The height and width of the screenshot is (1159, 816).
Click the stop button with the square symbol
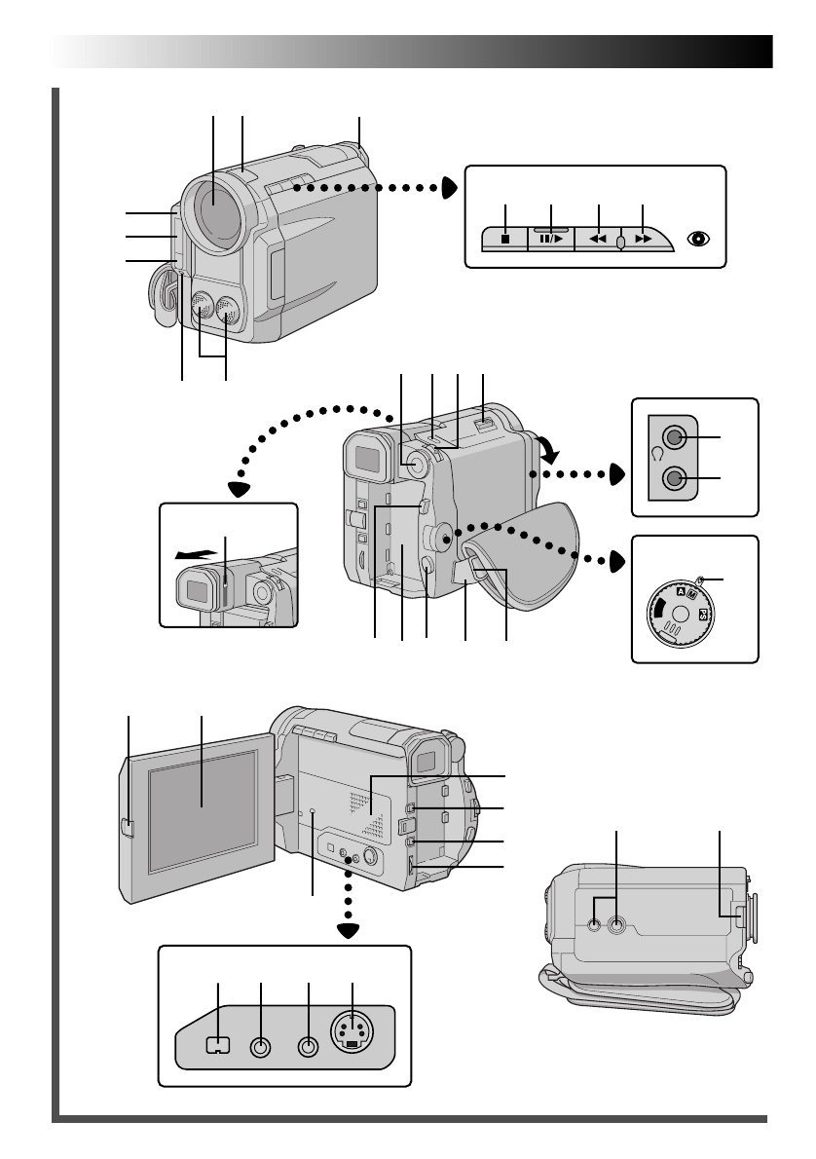tap(505, 237)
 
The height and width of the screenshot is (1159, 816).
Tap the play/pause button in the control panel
tap(551, 237)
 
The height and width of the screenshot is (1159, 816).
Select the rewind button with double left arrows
tap(598, 237)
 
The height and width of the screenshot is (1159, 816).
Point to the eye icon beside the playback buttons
tap(697, 237)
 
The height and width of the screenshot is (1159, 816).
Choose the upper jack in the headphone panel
tap(673, 437)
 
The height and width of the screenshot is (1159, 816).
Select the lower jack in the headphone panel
tap(673, 478)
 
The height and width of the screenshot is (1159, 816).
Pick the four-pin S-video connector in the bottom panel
tap(352, 1032)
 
